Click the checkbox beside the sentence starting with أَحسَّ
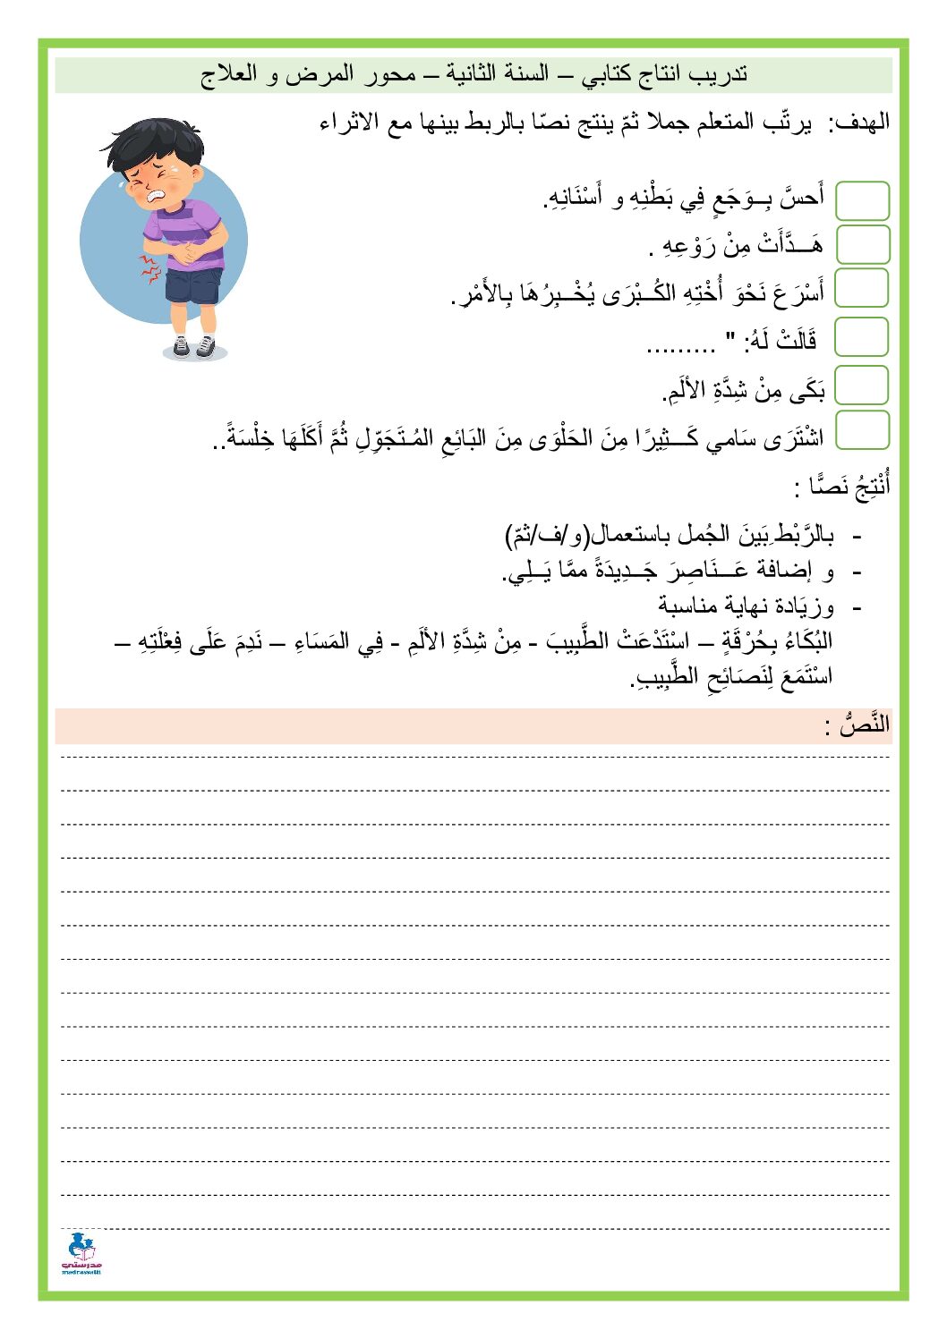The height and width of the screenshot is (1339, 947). (862, 200)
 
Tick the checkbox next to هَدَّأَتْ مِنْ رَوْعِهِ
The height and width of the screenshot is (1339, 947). (862, 244)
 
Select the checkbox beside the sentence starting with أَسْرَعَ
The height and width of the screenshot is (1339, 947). (862, 288)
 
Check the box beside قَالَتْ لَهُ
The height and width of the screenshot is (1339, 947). (862, 338)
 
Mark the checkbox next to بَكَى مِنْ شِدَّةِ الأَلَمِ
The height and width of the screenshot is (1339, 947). (862, 386)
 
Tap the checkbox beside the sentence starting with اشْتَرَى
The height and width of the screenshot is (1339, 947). (862, 430)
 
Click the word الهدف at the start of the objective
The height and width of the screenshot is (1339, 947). (859, 123)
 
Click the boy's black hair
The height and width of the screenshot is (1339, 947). (148, 143)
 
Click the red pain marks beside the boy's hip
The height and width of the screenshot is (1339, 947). (148, 267)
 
